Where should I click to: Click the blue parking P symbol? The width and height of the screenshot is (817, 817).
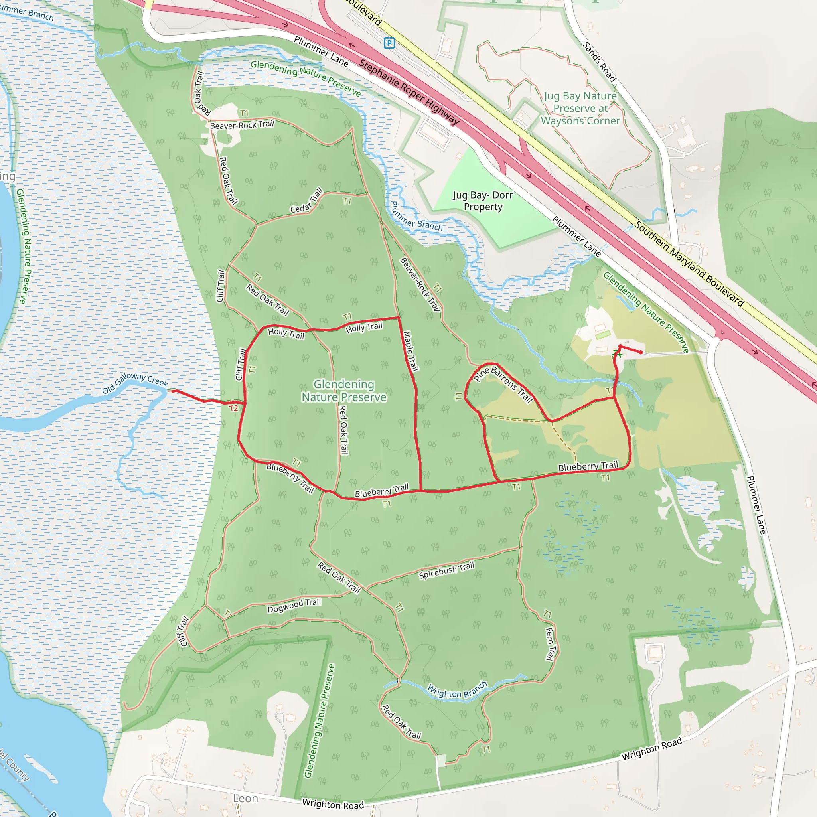click(x=389, y=43)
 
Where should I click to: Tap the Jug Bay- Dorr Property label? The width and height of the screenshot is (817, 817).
click(x=483, y=201)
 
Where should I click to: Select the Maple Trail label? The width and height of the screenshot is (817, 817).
click(x=410, y=351)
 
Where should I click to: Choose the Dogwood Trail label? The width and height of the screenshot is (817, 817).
click(x=294, y=605)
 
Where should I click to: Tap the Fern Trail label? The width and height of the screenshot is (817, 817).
click(x=549, y=643)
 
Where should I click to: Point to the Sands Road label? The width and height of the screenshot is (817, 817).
click(x=599, y=61)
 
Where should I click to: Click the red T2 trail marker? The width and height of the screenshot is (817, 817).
click(x=233, y=408)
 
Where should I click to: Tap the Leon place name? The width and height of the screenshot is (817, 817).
click(x=245, y=798)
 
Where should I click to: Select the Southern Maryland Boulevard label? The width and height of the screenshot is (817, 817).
click(x=689, y=263)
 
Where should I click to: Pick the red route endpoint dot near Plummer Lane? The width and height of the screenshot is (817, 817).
click(x=641, y=352)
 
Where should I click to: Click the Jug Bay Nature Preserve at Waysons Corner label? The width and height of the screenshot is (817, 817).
click(x=580, y=108)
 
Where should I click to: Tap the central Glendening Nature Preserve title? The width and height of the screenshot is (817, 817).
click(x=344, y=390)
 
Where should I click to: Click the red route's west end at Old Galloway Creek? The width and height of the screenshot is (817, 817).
click(x=172, y=391)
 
